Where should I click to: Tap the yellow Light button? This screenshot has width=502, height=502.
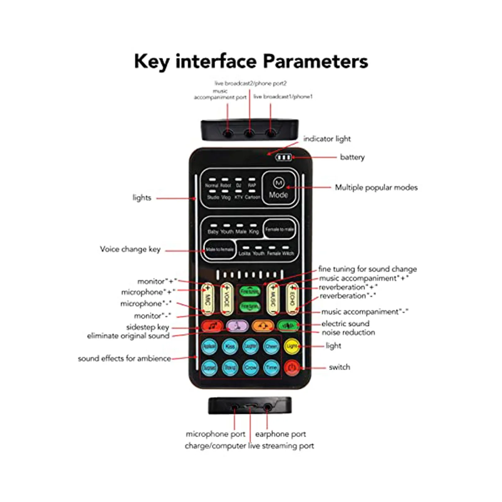tap(292, 346)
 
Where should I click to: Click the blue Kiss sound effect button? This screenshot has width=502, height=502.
tap(230, 346)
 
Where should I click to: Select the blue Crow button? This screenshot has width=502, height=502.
tap(251, 367)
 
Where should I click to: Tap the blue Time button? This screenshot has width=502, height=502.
tap(271, 367)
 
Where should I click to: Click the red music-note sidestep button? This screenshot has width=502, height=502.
tap(213, 325)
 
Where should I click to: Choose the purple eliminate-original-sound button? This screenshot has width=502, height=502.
tap(237, 325)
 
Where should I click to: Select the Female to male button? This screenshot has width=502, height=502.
tap(279, 229)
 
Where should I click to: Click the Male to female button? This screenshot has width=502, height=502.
tap(220, 250)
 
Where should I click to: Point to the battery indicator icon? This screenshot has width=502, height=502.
tap(284, 158)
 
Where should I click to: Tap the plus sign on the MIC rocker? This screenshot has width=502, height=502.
tap(207, 288)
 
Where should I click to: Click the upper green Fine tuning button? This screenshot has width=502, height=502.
tap(250, 292)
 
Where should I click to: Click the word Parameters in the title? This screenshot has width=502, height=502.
tap(315, 61)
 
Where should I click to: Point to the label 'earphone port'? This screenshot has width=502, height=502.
tap(280, 434)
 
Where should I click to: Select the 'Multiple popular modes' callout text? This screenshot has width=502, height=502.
tap(376, 187)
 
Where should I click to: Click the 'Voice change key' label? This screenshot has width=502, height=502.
tap(130, 249)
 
